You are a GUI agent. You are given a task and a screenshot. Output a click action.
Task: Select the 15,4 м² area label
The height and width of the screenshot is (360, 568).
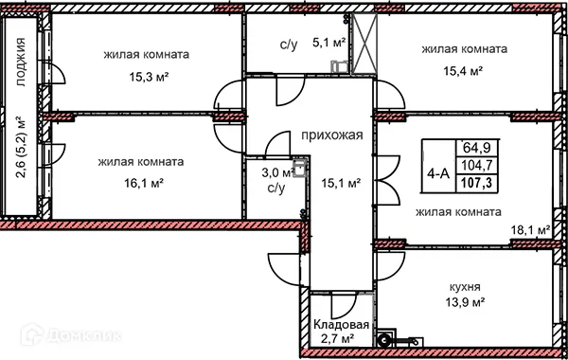pos(464,69)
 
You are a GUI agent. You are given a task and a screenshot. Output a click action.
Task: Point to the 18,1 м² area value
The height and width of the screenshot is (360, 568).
pos(530,229)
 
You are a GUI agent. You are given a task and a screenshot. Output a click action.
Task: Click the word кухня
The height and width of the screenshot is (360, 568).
pos(464,284)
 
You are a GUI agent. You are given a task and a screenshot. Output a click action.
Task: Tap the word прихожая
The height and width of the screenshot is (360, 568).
pos(332,135)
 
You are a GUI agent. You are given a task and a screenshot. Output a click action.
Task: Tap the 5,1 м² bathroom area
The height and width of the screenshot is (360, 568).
pos(328,42)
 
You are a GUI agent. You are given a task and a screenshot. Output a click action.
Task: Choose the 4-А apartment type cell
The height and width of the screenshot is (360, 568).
pos(438,173)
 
